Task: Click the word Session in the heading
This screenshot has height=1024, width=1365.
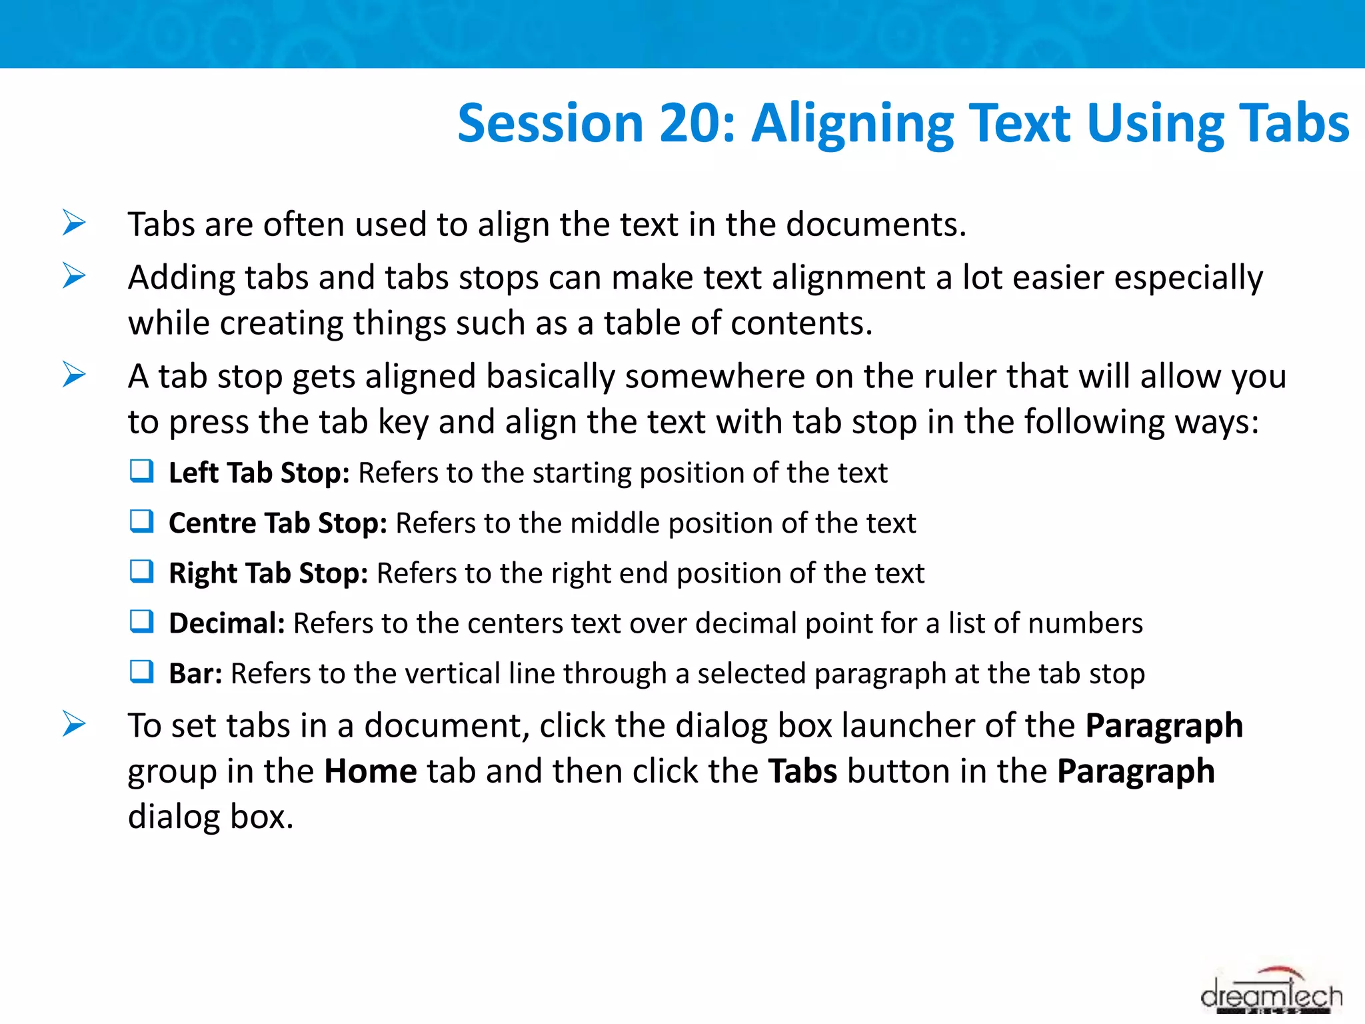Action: pos(551,125)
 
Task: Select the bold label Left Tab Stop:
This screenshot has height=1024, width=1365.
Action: pos(259,473)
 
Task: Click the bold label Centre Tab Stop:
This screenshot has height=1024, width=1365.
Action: pos(277,523)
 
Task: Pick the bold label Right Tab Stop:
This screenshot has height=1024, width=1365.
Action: pos(268,573)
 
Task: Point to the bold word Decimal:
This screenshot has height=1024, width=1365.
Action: pos(227,623)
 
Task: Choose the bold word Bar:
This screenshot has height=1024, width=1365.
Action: pos(195,674)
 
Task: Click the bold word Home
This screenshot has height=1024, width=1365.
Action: pos(371,772)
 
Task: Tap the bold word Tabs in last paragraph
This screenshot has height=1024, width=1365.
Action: pos(802,772)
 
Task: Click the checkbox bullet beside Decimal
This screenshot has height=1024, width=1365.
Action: pos(142,621)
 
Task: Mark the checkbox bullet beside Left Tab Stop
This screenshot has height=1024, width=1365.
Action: pos(142,471)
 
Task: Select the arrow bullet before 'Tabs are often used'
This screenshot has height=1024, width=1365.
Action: pos(74,223)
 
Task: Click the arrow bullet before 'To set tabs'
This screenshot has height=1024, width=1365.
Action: pos(74,724)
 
